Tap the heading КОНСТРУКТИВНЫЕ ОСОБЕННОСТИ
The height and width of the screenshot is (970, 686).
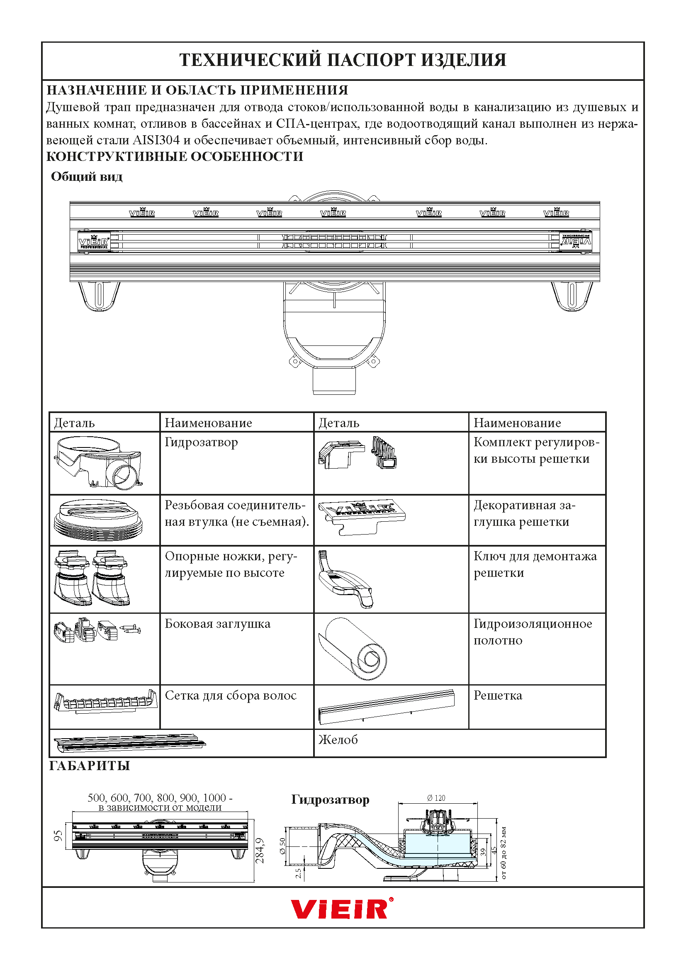coord(175,157)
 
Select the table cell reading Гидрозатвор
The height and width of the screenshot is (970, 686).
coord(202,442)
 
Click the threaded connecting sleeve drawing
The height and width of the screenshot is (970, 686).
coord(98,521)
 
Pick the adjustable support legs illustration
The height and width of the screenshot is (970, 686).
coord(92,578)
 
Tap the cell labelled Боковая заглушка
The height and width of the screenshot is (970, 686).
coord(218,624)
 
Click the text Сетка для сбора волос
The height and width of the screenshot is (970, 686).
coord(231,695)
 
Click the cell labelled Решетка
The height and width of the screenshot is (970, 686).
coord(498,695)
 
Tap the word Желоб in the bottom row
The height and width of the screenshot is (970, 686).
coord(338,740)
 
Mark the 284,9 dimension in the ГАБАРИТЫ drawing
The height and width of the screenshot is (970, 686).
coord(260,851)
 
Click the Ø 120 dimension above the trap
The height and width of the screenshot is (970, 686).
coord(436,798)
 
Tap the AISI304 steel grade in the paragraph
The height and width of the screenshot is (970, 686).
coord(156,140)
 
